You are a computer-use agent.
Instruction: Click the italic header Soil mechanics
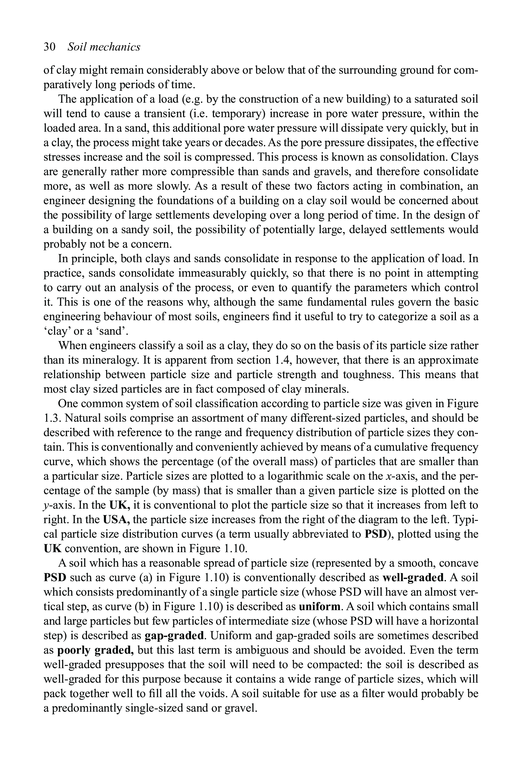point(104,47)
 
